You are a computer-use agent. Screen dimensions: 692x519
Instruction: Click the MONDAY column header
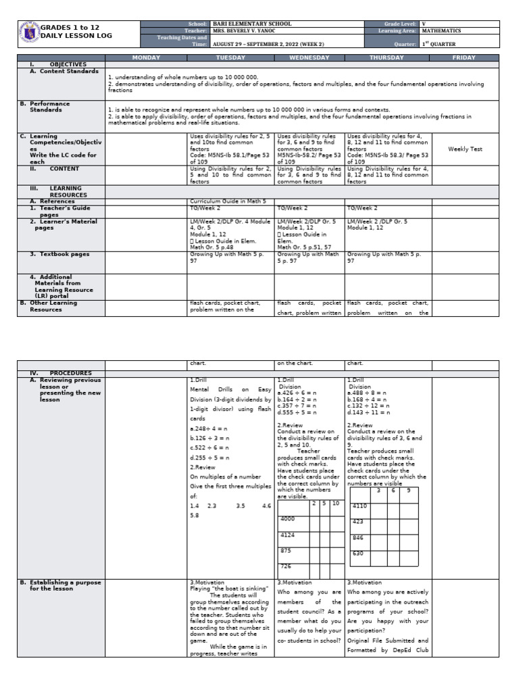[x=146, y=58]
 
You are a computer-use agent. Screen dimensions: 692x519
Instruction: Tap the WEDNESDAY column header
[x=310, y=58]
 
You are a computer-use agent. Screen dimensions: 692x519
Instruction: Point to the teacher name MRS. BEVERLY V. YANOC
[x=247, y=30]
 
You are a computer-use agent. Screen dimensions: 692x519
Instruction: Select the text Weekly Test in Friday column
[x=465, y=149]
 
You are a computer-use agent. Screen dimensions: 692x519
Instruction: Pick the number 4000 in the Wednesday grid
[x=288, y=518]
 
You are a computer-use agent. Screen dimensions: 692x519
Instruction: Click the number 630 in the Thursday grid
[x=358, y=553]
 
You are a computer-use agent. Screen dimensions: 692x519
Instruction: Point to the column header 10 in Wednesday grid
[x=336, y=503]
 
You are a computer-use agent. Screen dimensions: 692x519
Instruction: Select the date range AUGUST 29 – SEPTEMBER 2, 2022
[x=266, y=43]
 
